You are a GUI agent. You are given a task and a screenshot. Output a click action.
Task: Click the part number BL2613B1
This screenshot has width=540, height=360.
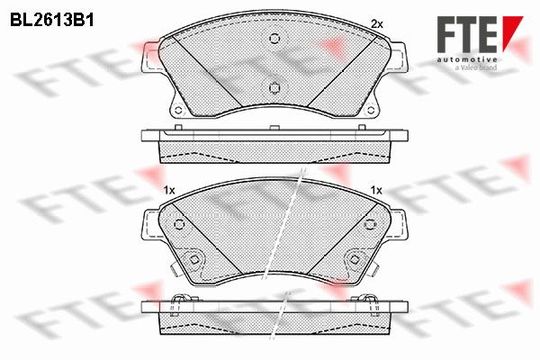52,21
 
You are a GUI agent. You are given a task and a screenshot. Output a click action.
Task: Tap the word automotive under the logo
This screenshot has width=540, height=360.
467,59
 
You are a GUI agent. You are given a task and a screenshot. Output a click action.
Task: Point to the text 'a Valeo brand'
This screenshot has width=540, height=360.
476,67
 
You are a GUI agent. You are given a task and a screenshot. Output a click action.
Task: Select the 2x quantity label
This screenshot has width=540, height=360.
377,24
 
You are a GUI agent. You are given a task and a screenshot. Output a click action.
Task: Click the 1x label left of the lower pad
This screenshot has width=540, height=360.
169,190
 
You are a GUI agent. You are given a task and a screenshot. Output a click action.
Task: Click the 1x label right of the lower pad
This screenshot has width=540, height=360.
376,190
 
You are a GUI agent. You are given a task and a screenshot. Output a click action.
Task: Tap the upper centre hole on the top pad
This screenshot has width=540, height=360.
274,38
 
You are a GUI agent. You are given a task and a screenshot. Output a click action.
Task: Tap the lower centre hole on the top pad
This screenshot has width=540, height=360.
274,88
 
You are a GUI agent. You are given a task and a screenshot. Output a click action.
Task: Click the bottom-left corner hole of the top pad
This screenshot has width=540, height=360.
178,110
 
